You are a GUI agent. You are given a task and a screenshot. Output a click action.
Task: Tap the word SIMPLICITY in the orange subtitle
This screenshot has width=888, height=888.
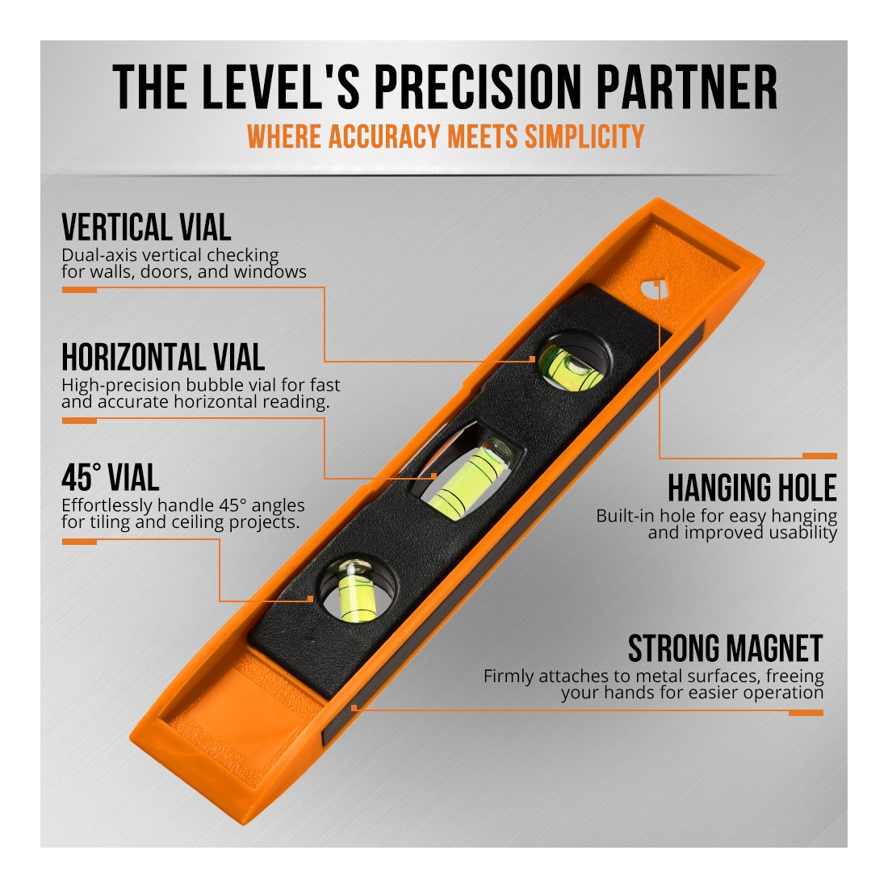click(584, 136)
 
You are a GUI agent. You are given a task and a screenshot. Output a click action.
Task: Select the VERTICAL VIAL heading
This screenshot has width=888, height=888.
click(146, 228)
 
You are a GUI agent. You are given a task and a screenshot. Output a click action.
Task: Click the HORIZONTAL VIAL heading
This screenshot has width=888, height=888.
click(163, 358)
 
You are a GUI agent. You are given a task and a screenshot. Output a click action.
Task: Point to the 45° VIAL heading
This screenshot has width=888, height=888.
click(111, 477)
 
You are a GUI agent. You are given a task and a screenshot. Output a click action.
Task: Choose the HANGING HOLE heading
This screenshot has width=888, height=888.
click(752, 488)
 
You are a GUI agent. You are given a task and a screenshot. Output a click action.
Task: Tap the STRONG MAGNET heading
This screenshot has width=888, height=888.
click(725, 648)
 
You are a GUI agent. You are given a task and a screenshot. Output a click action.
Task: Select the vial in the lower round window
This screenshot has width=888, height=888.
click(356, 589)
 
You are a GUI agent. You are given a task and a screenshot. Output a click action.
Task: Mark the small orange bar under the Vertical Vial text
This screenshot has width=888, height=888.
click(79, 290)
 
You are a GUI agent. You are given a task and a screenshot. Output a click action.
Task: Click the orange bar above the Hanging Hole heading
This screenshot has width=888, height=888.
click(819, 456)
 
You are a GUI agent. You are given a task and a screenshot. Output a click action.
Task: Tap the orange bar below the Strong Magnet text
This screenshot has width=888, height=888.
click(806, 713)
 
